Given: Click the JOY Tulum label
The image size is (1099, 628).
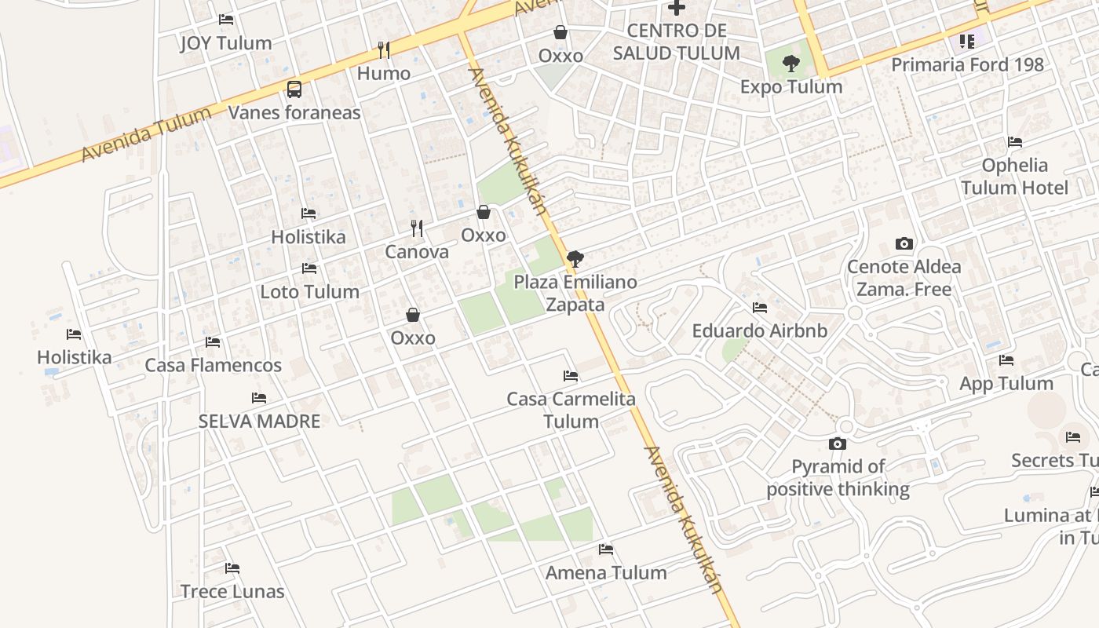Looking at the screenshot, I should point(226,43).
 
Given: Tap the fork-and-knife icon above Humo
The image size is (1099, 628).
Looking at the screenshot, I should point(384,50).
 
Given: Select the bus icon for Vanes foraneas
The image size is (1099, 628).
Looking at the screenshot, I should point(294,89).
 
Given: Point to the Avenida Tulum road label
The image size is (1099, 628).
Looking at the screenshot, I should point(147,134).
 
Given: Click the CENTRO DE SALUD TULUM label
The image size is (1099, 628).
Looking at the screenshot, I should point(676,42).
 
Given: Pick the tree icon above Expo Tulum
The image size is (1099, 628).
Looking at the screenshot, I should point(791,64).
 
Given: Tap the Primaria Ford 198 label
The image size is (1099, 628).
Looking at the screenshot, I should point(967,64).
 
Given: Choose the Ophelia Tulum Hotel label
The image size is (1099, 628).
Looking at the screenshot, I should point(1015,177).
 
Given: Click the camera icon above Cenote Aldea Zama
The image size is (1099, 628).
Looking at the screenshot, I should point(904,244).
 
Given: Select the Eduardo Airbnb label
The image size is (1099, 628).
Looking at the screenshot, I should point(759,330).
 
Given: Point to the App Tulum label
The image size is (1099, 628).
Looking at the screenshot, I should point(1006,383).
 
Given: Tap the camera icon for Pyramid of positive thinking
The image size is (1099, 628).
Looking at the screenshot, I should point(838,444).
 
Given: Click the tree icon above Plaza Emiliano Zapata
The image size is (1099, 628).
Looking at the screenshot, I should point(575,258).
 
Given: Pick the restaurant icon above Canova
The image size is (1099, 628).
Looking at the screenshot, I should point(417,228).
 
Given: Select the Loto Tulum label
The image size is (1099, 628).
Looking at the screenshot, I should point(309,291).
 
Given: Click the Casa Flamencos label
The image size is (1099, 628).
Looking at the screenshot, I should point(213,365).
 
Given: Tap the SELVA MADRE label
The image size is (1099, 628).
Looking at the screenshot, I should point(259,421).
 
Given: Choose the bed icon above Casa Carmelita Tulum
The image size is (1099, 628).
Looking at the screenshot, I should point(571,376).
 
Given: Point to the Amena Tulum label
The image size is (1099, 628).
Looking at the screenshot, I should point(606,572).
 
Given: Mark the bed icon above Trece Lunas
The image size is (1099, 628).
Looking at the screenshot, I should point(232,568).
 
